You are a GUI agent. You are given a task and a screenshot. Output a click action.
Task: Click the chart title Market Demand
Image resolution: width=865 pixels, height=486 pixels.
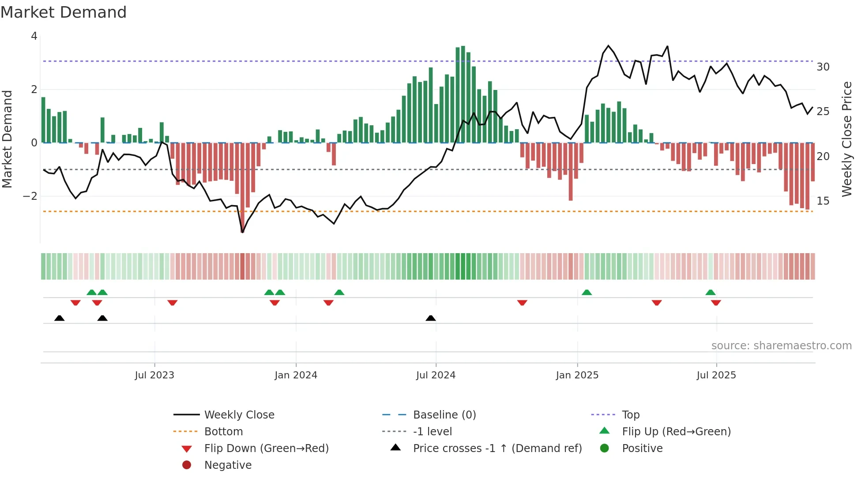coord(64,12)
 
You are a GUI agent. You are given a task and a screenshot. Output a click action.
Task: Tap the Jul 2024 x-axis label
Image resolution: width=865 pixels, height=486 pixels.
coord(436,375)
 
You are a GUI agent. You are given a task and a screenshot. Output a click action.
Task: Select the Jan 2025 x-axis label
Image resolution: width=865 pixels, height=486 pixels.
coord(577,375)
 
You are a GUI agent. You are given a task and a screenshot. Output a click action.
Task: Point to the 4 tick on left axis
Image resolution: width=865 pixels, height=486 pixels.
coord(34,36)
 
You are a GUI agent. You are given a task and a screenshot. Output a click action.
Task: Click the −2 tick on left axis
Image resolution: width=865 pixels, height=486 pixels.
coord(30,196)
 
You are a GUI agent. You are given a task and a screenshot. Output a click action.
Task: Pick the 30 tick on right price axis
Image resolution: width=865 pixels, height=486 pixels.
coord(823,67)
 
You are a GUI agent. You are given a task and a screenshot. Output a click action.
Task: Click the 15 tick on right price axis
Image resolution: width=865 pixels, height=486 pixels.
coord(823,201)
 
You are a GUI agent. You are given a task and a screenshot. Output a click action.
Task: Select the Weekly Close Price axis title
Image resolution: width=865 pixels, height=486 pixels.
coord(846,139)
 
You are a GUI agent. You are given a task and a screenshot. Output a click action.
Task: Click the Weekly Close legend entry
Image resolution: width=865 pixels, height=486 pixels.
coord(239,415)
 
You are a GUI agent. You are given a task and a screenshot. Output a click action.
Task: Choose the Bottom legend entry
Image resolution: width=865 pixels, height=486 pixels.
coord(223,432)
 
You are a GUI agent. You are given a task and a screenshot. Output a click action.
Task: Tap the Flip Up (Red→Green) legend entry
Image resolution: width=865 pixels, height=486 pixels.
coord(676,432)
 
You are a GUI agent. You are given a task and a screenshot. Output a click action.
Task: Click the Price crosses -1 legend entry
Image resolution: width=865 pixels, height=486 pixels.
coord(497,449)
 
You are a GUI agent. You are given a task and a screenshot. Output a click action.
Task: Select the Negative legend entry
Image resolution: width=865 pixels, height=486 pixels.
coord(228,465)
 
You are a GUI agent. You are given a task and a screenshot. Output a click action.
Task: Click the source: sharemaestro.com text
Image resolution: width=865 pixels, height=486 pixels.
coord(781,346)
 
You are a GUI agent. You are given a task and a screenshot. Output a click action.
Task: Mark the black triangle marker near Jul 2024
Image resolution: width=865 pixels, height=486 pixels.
coord(431,318)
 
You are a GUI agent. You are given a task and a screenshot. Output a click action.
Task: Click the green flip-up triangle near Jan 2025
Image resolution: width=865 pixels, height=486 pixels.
coord(587,292)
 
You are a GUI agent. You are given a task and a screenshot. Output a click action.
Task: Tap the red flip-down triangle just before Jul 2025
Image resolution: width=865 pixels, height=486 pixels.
coord(657,303)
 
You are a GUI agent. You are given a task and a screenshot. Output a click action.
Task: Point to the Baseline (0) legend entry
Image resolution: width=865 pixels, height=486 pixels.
coord(444,415)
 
